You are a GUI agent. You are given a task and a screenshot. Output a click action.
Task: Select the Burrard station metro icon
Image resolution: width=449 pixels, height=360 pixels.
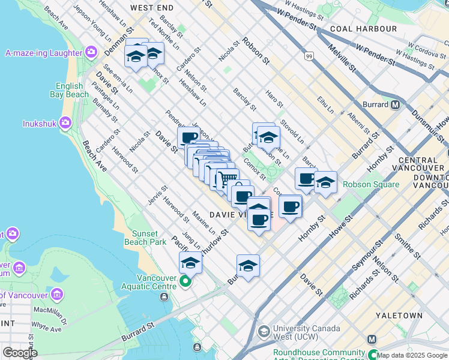396,104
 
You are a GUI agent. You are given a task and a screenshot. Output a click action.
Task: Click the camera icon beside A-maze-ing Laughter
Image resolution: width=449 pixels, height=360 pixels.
91,53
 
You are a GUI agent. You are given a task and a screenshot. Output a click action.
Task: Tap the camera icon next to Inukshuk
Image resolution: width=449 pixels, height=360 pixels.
65,124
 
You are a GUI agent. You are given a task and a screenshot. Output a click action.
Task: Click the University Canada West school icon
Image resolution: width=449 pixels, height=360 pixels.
264,332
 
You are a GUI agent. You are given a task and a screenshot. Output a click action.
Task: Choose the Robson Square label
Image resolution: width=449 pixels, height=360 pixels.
367,184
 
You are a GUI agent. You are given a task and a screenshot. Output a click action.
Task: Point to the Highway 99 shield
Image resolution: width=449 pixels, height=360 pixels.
309,56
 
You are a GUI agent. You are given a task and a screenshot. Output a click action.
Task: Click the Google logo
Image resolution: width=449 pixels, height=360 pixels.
19,353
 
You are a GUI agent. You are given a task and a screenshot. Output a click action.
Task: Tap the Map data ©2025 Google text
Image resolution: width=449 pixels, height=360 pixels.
412,356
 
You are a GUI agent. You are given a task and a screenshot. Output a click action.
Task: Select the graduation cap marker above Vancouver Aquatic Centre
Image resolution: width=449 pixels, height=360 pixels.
190,263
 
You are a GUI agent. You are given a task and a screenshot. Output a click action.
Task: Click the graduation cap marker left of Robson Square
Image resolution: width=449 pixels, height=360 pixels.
325,182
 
